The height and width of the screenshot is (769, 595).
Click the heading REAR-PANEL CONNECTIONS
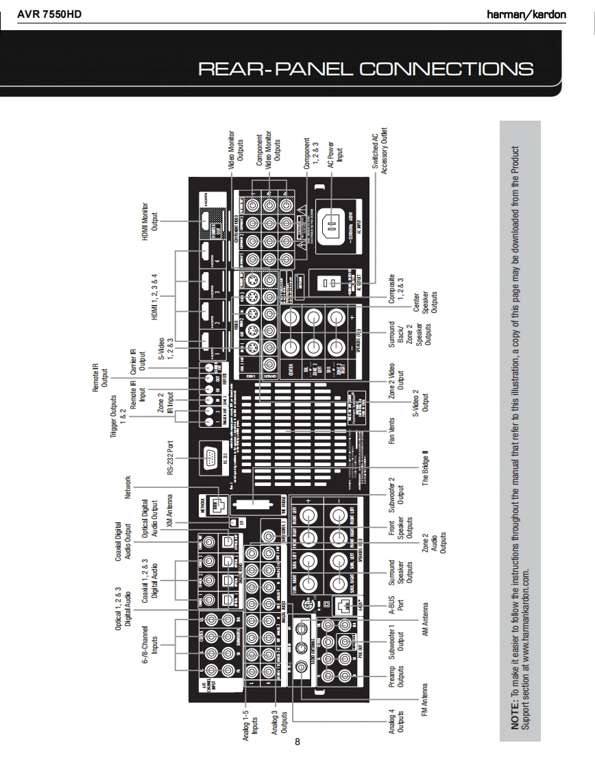pos(365,69)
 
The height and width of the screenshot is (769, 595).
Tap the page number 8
pos(297,741)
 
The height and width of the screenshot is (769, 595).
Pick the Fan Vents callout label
pos(392,430)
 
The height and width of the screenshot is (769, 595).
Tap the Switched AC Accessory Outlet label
pos(380,151)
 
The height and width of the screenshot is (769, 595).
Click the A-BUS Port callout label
pos(396,607)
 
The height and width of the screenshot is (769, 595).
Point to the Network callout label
pos(127,487)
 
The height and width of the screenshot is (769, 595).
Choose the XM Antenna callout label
pos(170,511)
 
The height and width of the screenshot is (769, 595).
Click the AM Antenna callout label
pos(425,620)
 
